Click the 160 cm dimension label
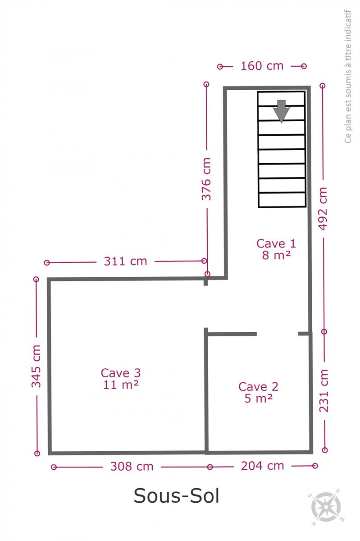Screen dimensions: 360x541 (x=262, y=66)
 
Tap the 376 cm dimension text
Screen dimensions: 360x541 (x=206, y=179)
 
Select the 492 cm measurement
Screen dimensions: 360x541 (x=323, y=209)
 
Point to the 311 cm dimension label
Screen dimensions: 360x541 (x=125, y=261)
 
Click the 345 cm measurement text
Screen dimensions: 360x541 (x=36, y=366)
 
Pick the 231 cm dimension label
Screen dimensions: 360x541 (x=324, y=390)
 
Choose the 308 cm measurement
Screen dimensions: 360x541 (x=132, y=466)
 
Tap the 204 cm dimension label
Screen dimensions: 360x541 (x=263, y=466)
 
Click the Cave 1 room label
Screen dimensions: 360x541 (x=276, y=243)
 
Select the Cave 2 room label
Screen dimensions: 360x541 (x=258, y=387)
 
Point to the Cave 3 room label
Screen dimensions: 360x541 (x=121, y=373)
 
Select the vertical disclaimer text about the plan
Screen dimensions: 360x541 (x=348, y=77)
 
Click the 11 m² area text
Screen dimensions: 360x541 (x=121, y=385)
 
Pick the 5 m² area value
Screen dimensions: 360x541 (x=259, y=398)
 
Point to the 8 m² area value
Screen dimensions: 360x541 (x=277, y=255)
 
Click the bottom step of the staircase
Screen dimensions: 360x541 (x=282, y=200)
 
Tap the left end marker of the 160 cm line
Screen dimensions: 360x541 (x=220, y=67)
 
